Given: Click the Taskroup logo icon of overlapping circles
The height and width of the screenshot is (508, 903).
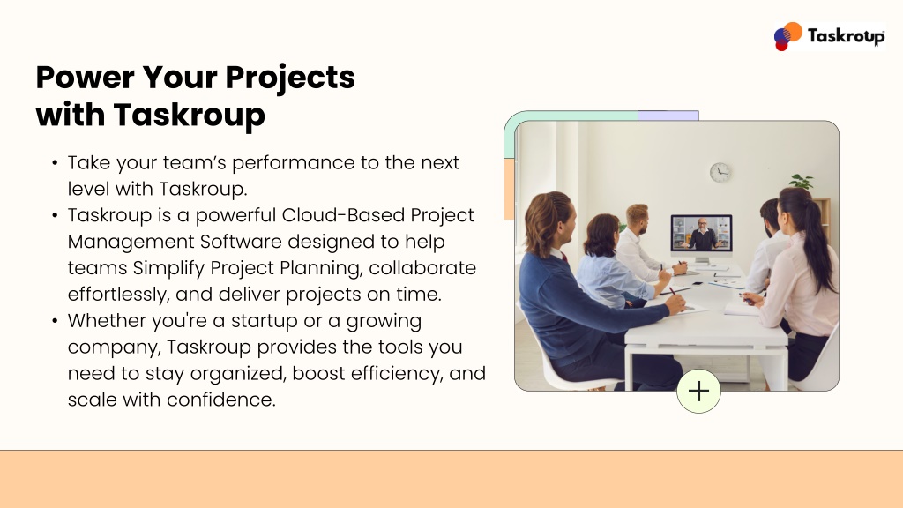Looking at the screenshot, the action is pos(787,36).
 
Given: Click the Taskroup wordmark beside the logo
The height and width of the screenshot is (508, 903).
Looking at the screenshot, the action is pos(846,36).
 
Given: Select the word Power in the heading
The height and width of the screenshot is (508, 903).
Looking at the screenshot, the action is pos(86,78).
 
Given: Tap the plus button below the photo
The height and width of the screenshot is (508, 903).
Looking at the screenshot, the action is pos(698,391).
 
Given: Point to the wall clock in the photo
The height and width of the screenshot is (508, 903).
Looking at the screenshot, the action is pos(720,172).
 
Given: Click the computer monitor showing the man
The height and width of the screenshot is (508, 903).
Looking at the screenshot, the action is pos(701,235).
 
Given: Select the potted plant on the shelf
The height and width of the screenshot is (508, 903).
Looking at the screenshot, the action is pos(802,182).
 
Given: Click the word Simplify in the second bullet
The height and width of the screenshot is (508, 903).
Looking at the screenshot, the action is pos(168,268).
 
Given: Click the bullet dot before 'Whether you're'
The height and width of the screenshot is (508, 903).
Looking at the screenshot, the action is pos(55,321).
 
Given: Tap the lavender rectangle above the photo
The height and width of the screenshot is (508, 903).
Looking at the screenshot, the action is pos(668,116).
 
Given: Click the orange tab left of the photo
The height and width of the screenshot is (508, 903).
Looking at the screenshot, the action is pos(509,190).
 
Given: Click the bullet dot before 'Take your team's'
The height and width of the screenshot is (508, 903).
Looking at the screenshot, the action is pos(55,163).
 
